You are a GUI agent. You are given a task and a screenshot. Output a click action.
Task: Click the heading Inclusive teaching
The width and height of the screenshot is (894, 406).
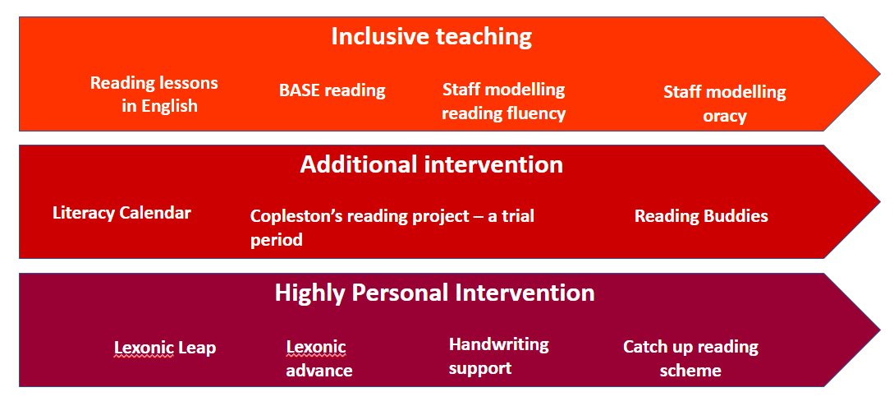[432, 36]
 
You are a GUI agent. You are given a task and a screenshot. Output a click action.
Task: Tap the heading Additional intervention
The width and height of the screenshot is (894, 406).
[432, 164]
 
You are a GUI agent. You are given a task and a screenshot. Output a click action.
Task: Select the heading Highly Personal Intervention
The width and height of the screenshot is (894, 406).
[434, 293]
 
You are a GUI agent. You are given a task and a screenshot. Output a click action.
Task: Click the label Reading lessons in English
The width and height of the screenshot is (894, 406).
[154, 95]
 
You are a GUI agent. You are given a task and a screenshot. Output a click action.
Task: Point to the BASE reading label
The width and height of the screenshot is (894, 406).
[332, 90]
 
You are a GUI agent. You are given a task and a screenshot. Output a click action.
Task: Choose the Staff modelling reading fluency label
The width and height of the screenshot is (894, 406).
[503, 101]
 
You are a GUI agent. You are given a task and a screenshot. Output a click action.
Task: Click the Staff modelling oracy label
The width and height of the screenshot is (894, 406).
[725, 104]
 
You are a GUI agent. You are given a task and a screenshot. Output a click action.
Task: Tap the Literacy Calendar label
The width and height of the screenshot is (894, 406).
[122, 214]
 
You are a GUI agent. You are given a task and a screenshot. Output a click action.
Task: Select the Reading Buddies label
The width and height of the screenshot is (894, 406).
[701, 216]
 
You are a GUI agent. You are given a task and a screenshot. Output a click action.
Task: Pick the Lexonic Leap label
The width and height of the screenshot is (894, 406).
[165, 348]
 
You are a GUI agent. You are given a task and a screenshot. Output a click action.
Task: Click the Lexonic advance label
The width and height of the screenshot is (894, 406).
[319, 359]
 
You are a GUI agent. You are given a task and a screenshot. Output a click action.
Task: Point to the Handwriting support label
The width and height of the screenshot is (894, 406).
[499, 357]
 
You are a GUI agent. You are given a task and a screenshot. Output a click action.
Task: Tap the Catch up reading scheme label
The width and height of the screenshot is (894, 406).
[690, 358]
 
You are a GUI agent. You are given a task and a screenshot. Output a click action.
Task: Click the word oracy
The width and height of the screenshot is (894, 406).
[725, 116]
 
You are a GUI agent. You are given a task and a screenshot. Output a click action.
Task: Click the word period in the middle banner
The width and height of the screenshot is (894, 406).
[277, 240]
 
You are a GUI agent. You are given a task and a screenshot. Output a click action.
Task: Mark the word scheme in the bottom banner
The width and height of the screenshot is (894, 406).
[690, 371]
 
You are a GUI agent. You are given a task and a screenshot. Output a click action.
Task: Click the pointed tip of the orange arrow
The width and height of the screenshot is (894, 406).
[880, 74]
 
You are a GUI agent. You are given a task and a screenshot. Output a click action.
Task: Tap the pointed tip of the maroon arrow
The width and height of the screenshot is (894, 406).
[880, 330]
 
